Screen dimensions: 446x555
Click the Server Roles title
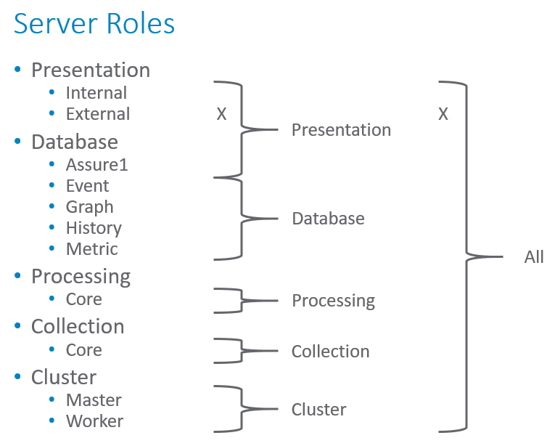coord(94,24)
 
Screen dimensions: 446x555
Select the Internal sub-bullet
coord(96,93)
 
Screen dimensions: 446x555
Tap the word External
coord(98,114)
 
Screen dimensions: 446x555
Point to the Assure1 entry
coord(96,165)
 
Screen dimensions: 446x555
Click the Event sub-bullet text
coord(87,186)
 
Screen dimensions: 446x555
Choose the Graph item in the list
coord(89,207)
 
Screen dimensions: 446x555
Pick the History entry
coord(94,228)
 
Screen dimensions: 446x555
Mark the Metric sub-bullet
coord(91,249)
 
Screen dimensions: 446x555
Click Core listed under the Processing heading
coord(83,299)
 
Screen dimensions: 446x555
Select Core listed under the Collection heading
coord(83,350)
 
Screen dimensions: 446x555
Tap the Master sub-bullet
coord(94,400)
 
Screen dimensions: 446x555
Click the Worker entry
coord(94,421)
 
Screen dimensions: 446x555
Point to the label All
coord(534,257)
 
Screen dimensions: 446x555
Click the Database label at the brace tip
coord(328,219)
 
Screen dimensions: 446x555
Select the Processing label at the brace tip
coord(333,301)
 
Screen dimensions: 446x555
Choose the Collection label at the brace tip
coord(330,352)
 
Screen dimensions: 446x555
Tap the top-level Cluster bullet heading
coord(64,377)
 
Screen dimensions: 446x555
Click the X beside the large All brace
coord(443,115)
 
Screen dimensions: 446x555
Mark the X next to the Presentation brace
coord(221,115)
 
